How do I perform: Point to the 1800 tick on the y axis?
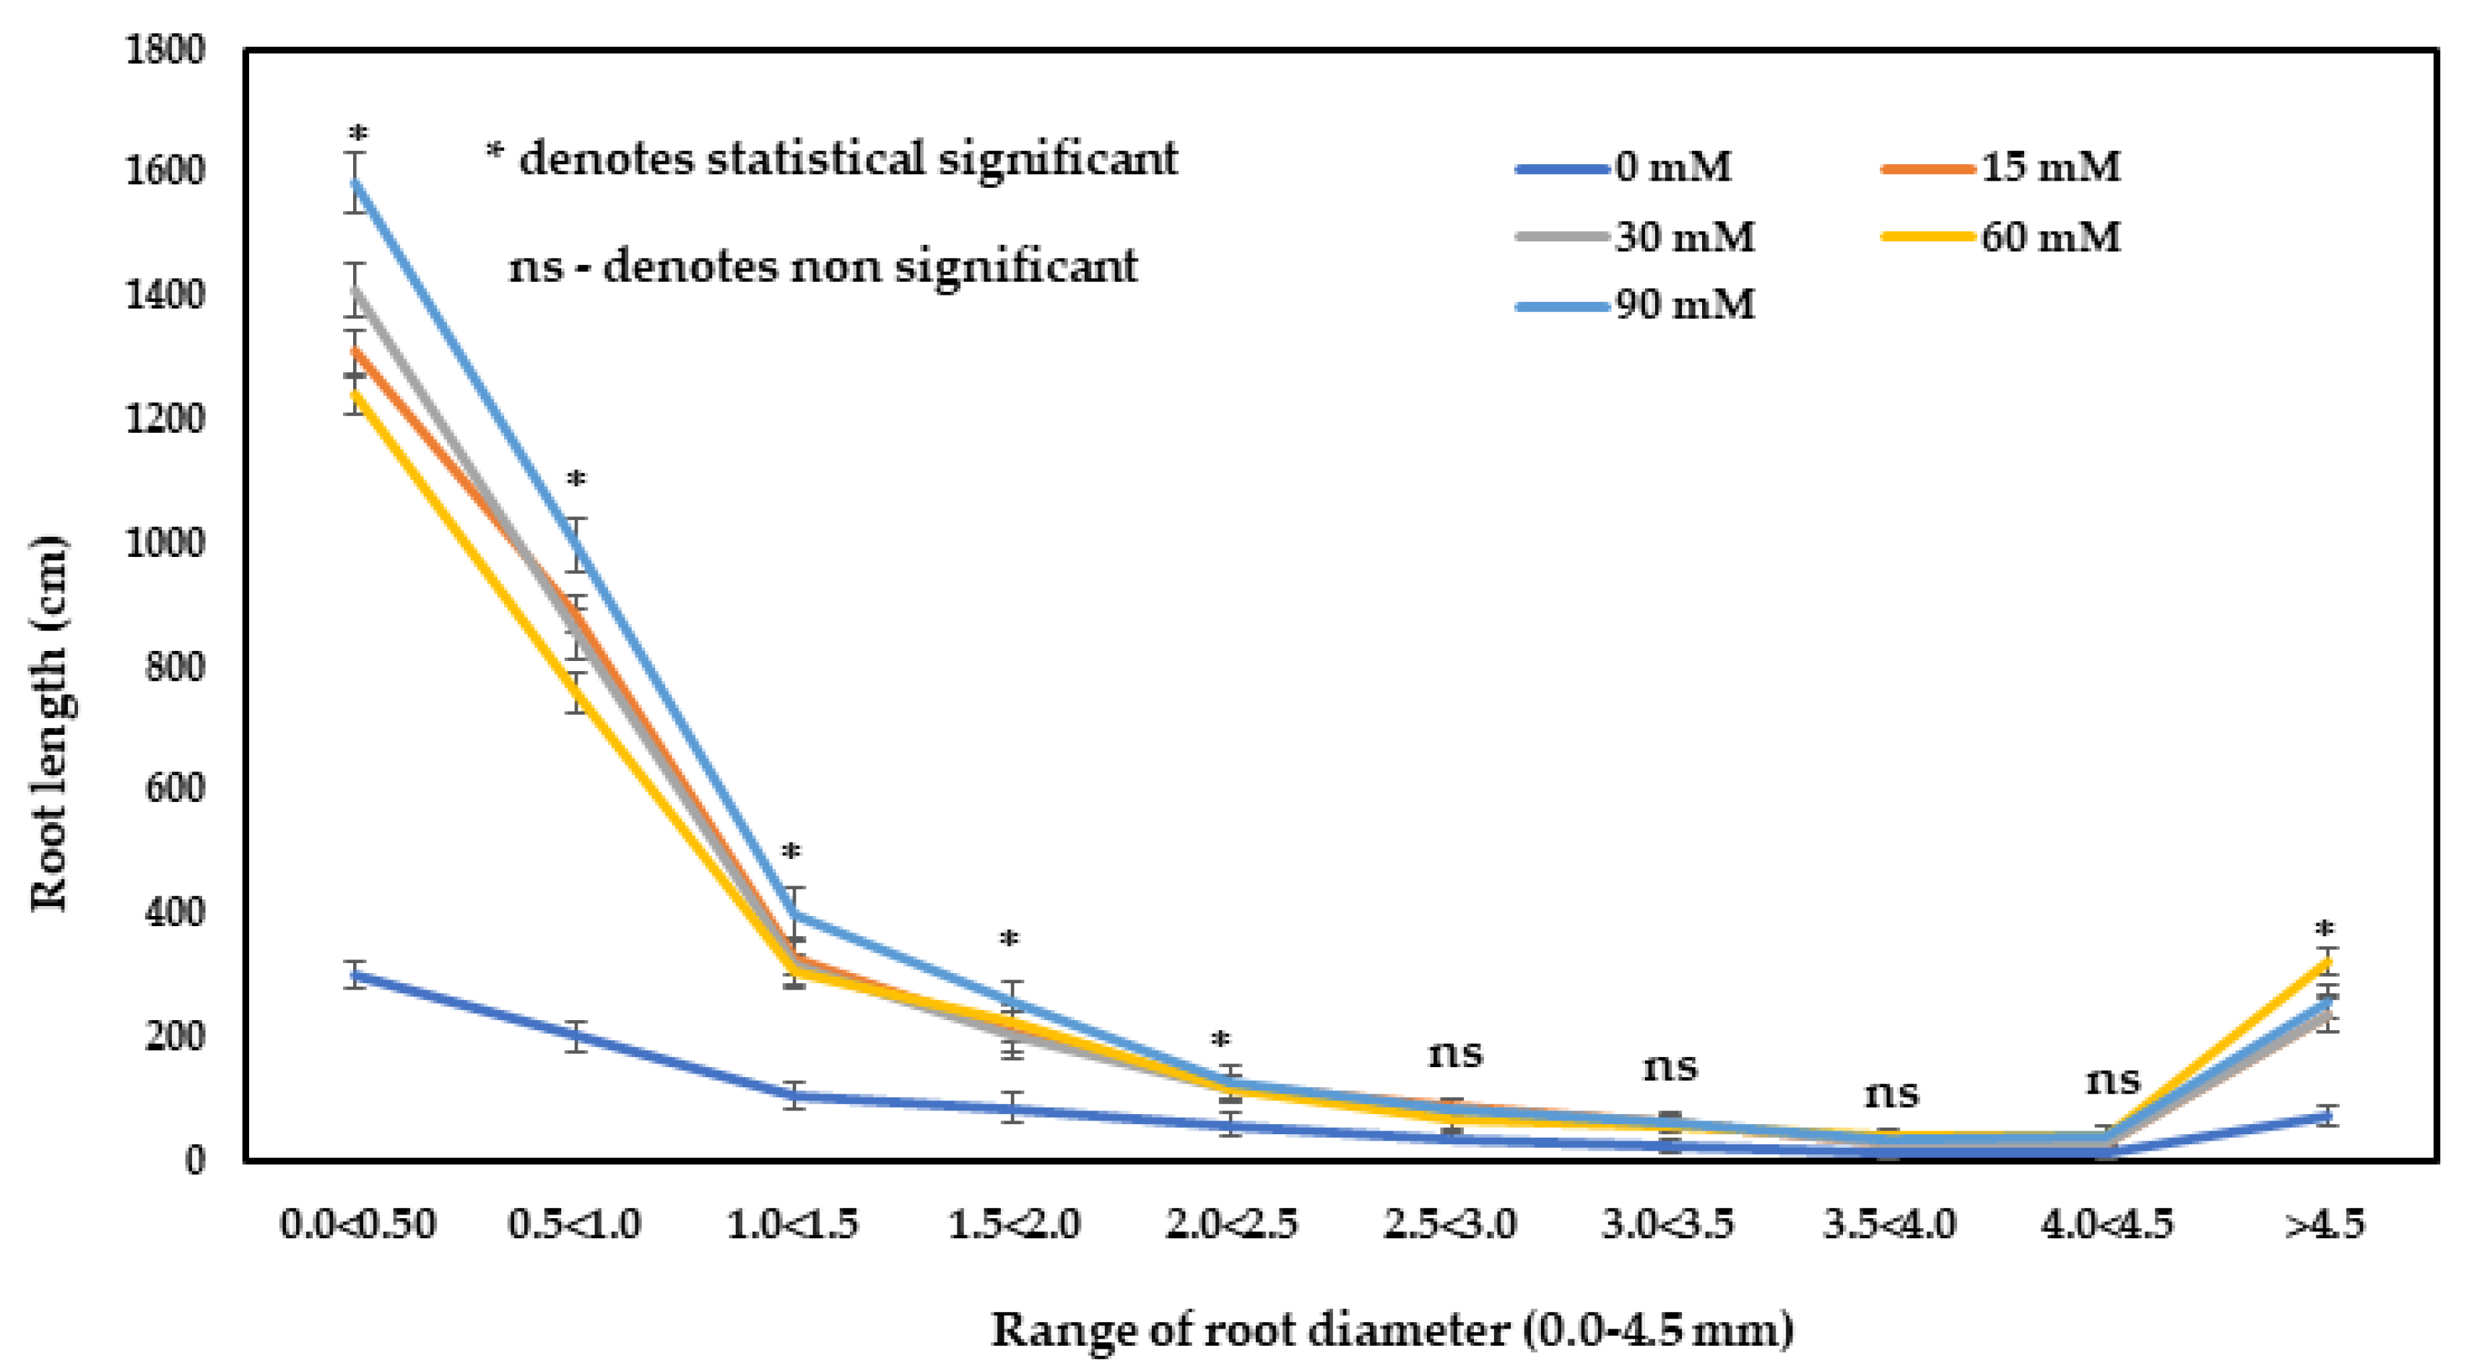click(x=165, y=50)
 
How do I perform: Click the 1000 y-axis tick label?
click(x=165, y=543)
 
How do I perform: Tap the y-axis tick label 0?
click(x=194, y=1161)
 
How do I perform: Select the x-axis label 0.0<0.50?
click(x=357, y=1225)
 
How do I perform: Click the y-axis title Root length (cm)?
click(x=50, y=724)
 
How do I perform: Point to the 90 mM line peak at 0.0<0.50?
click(x=357, y=182)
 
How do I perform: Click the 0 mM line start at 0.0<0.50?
click(x=357, y=975)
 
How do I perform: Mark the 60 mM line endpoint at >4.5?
click(x=2326, y=961)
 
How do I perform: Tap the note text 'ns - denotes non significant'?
click(x=823, y=267)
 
